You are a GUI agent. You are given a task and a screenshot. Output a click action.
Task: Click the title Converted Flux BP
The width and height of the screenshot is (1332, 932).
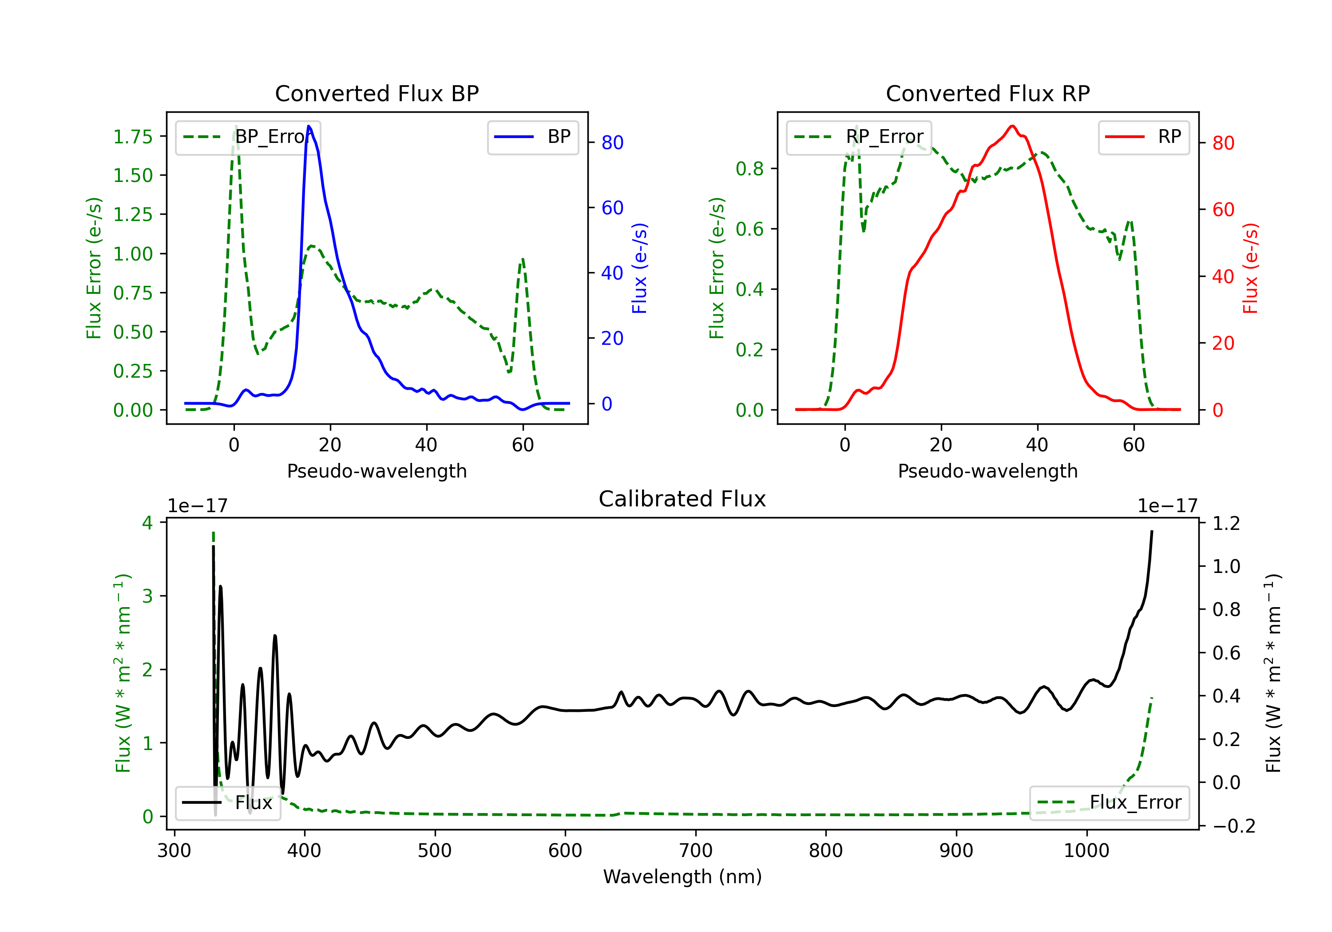point(377,93)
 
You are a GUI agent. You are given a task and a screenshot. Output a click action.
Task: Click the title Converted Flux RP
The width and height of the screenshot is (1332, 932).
point(987,93)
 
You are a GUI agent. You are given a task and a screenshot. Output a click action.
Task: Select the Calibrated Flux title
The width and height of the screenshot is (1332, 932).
point(682,499)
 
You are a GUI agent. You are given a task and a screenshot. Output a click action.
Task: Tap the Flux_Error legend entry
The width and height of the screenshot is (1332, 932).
point(1109,803)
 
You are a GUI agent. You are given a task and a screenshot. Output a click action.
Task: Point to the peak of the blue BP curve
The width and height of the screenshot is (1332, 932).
point(309,126)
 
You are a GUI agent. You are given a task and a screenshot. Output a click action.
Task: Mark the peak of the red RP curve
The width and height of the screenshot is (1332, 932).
point(1012,126)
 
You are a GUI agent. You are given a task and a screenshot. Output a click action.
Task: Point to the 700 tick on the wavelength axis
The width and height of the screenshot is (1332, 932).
point(696,851)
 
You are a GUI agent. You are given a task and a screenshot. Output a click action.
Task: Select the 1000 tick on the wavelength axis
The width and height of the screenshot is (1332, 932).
point(1086,851)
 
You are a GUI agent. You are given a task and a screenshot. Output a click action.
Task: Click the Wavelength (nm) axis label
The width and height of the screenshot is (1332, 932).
point(682,877)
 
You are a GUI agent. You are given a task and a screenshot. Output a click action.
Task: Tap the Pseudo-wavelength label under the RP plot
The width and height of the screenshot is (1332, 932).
point(987,471)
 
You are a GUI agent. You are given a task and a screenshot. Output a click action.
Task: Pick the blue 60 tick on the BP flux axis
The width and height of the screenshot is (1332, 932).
point(613,208)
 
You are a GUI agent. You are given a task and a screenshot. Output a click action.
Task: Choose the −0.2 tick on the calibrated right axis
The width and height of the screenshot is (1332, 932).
point(1234,826)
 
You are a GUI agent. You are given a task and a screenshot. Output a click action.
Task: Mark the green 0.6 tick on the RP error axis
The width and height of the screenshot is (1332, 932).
point(749,229)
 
